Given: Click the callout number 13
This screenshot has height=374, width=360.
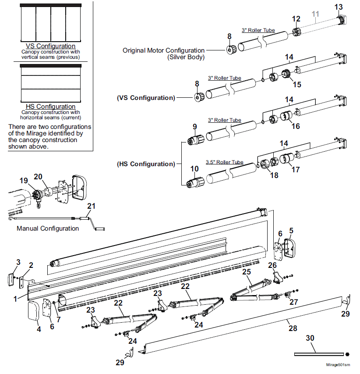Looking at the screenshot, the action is (339, 7).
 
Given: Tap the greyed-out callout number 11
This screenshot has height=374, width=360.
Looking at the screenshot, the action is (315, 14).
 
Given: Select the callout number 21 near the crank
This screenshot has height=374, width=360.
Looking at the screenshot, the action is (91, 206).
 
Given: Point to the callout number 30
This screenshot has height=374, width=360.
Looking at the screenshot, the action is (310, 338).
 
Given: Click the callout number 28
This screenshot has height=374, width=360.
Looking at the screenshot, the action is (293, 328).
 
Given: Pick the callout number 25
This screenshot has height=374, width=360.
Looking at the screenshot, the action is (247, 272).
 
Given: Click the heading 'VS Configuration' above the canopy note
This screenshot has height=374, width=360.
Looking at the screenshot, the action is (50, 46).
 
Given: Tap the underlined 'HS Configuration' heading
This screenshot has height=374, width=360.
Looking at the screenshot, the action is (50, 107).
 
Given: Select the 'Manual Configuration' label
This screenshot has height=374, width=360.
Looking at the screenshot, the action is (48, 228).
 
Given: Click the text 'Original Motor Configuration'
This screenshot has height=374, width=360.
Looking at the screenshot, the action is (163, 50).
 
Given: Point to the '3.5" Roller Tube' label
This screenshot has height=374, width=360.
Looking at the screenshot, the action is (224, 162).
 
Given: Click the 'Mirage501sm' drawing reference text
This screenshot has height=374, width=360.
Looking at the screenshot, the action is (338, 365).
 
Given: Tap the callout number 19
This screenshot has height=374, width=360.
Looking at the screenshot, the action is (24, 181).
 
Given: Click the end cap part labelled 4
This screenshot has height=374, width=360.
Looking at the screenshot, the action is (33, 310).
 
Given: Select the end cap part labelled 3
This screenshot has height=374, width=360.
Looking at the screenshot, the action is (11, 280).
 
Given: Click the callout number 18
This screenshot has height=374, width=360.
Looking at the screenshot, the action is (274, 175).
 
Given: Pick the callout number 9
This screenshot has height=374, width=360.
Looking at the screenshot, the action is (195, 127).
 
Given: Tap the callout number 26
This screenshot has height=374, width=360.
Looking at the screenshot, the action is (272, 265).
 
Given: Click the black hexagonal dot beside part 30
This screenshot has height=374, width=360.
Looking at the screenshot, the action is (347, 354).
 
